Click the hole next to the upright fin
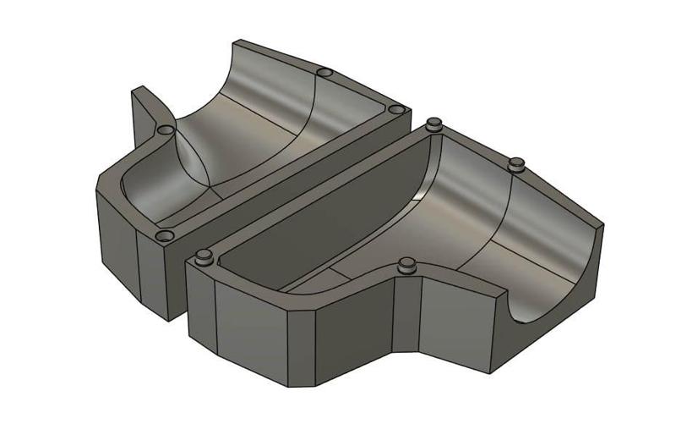(166, 130)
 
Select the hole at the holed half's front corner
(165, 235)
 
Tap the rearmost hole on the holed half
(322, 73)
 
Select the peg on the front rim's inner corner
(407, 265)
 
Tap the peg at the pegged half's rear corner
(434, 124)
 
